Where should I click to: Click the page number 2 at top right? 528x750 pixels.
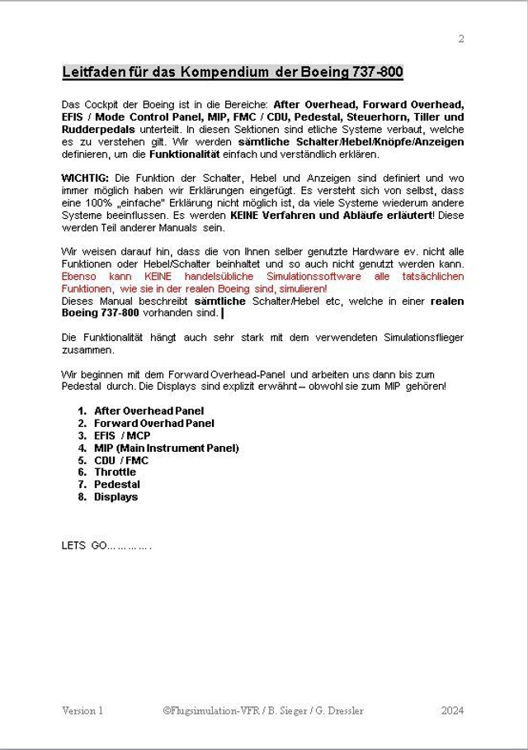[461, 39]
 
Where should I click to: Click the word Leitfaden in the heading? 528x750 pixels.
[93, 73]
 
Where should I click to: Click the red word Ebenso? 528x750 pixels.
[81, 277]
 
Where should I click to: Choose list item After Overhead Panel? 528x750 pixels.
[148, 411]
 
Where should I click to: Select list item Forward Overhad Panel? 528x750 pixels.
[153, 423]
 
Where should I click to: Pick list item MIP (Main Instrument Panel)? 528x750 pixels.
[166, 448]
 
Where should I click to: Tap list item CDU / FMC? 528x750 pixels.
[120, 460]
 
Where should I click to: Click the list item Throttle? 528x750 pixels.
[115, 472]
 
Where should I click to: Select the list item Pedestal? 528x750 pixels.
[116, 485]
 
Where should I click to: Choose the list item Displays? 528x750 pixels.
[115, 497]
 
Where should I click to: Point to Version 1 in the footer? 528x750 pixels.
[82, 710]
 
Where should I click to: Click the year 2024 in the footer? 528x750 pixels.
[452, 710]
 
